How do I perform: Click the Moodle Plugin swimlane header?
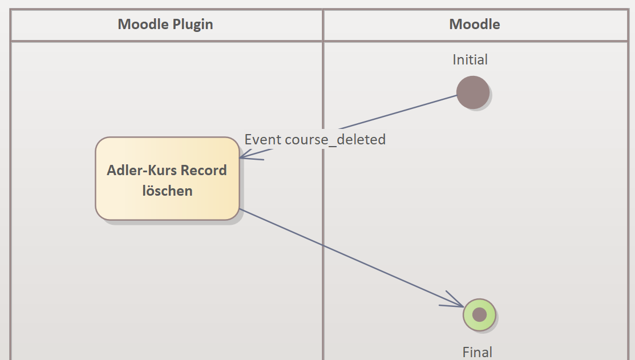[x=165, y=25]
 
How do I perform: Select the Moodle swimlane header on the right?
[x=475, y=25]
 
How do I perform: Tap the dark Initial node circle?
[x=473, y=92]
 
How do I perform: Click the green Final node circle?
[x=479, y=314]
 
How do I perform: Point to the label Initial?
[x=470, y=59]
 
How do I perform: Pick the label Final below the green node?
[x=477, y=352]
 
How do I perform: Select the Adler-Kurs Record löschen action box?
[x=167, y=179]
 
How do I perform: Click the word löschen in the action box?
[x=167, y=191]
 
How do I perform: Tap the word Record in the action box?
[x=204, y=170]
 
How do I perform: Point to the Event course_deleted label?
[x=315, y=139]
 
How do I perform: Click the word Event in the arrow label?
[x=263, y=139]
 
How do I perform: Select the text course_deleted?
[x=335, y=139]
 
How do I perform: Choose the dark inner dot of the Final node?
[x=479, y=314]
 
